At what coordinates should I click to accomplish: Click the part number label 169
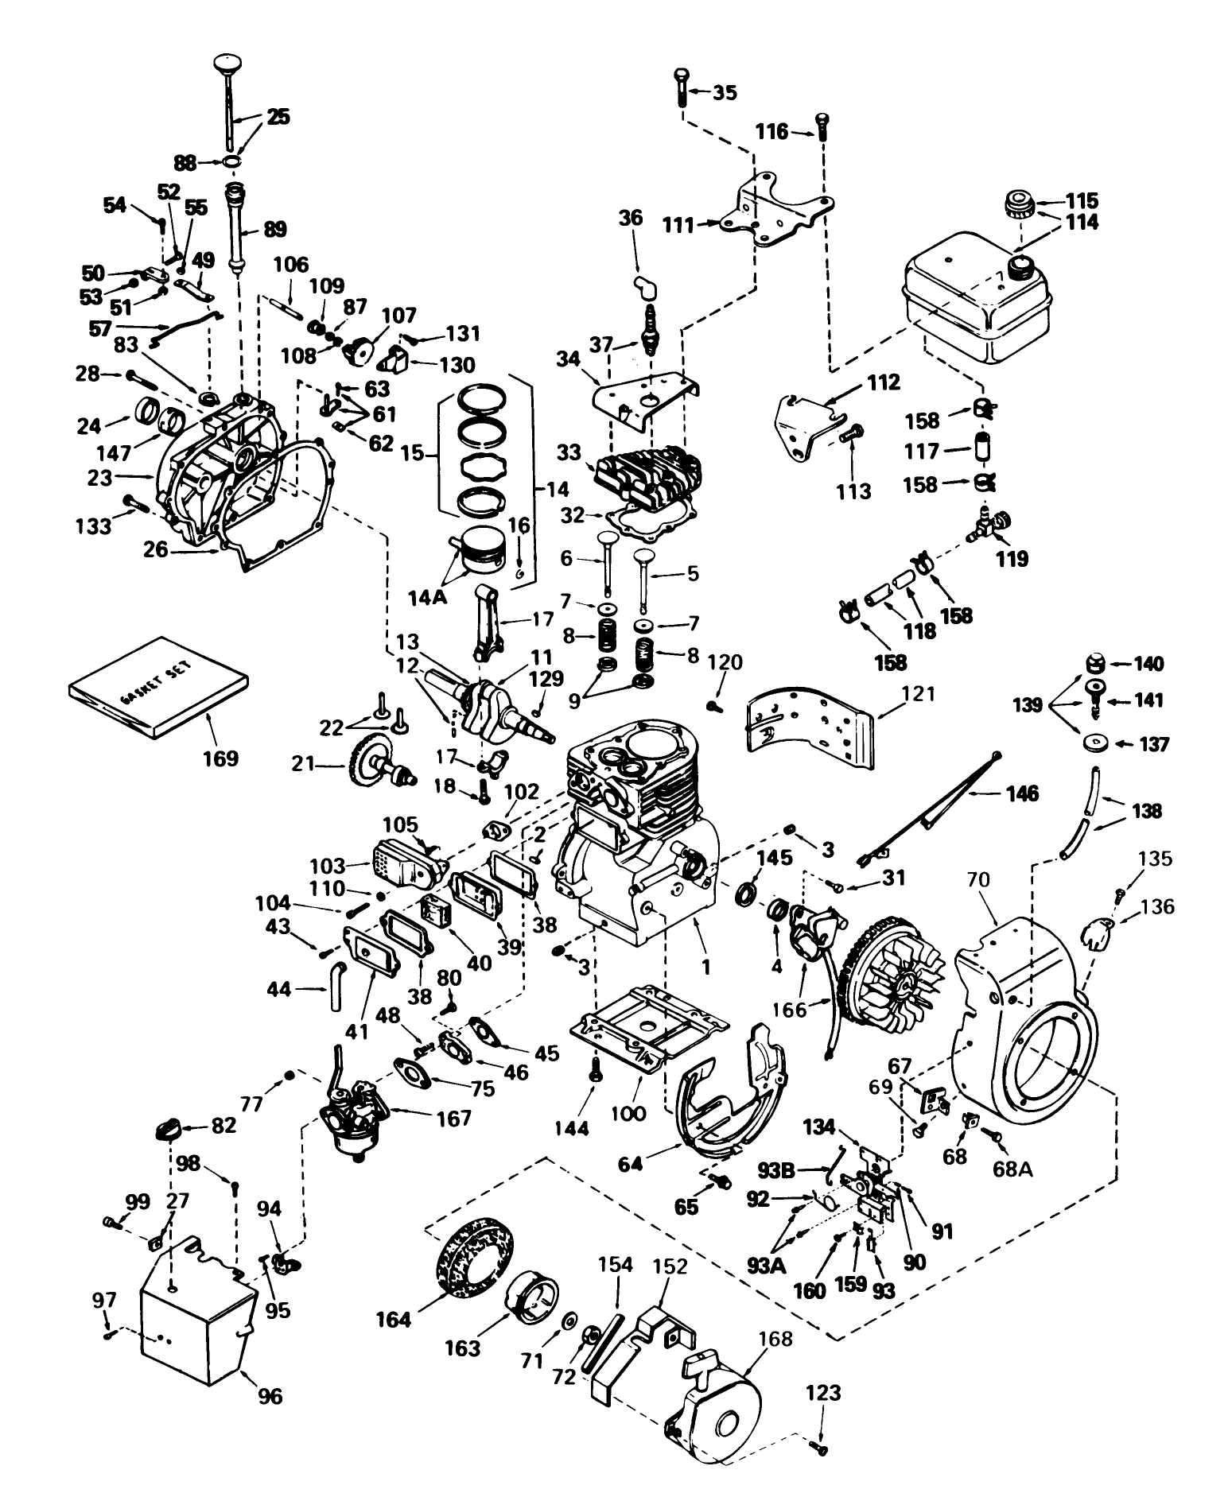(220, 758)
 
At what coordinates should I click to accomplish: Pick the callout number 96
(270, 1395)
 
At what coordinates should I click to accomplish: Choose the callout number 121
(918, 695)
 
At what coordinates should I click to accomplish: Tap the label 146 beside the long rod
(1021, 793)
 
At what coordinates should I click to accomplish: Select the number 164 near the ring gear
(394, 1321)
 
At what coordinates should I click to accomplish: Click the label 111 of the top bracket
(677, 225)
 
